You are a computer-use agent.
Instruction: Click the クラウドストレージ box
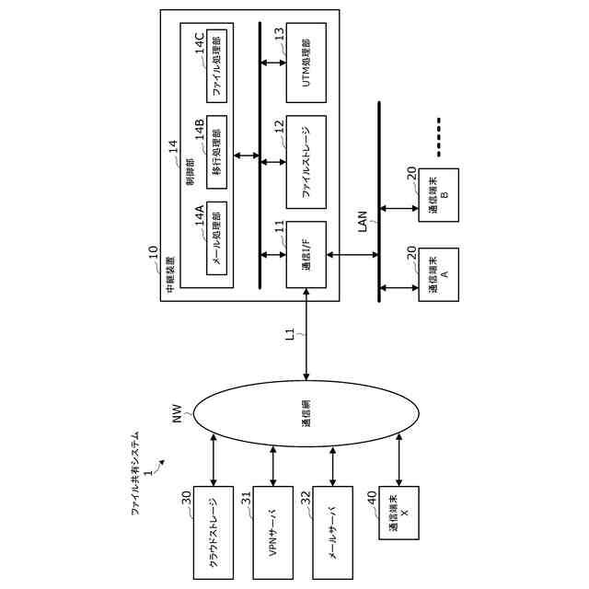tap(214, 533)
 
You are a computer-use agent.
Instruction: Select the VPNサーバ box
tap(273, 533)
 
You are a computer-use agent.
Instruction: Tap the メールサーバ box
tap(333, 533)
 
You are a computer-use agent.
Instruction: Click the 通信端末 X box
tap(398, 513)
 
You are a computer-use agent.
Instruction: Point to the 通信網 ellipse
tap(306, 413)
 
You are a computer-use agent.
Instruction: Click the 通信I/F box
tap(306, 255)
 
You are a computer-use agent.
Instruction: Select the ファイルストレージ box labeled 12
tap(306, 162)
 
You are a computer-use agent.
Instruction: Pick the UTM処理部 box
tap(306, 63)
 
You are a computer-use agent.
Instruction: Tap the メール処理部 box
tap(217, 238)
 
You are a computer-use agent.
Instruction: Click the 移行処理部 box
tap(217, 152)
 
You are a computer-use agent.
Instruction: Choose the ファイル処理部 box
tap(217, 65)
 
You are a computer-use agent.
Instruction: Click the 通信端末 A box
tap(439, 274)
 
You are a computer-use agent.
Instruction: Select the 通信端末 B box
tap(439, 195)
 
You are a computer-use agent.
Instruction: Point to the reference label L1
tap(290, 334)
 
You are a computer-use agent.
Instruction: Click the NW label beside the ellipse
tap(177, 413)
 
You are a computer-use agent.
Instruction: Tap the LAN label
tap(363, 221)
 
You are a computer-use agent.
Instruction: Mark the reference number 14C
tap(199, 44)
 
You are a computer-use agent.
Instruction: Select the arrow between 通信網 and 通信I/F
tap(306, 334)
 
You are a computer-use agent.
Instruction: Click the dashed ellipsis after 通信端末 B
tap(439, 137)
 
